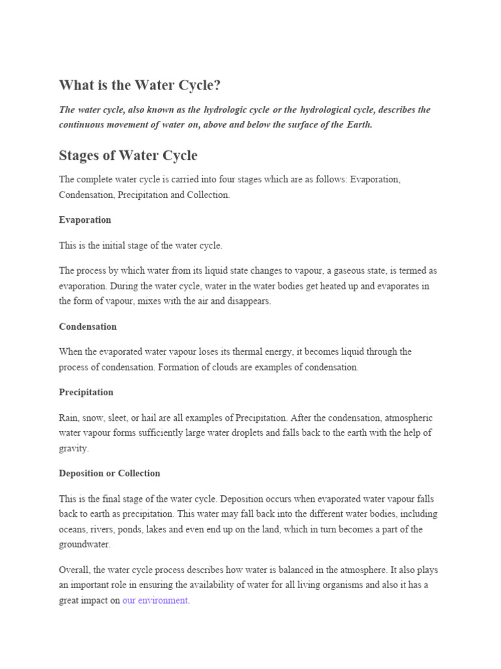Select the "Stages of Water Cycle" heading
pyautogui.click(x=128, y=155)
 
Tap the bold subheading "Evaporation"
pyautogui.click(x=85, y=220)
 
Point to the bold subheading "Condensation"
pyautogui.click(x=88, y=327)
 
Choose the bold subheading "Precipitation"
pyautogui.click(x=86, y=393)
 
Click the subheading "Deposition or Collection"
pyautogui.click(x=109, y=474)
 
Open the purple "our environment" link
pyautogui.click(x=155, y=600)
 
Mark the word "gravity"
pyautogui.click(x=73, y=449)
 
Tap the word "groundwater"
pyautogui.click(x=84, y=544)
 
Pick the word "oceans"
pyautogui.click(x=74, y=529)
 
